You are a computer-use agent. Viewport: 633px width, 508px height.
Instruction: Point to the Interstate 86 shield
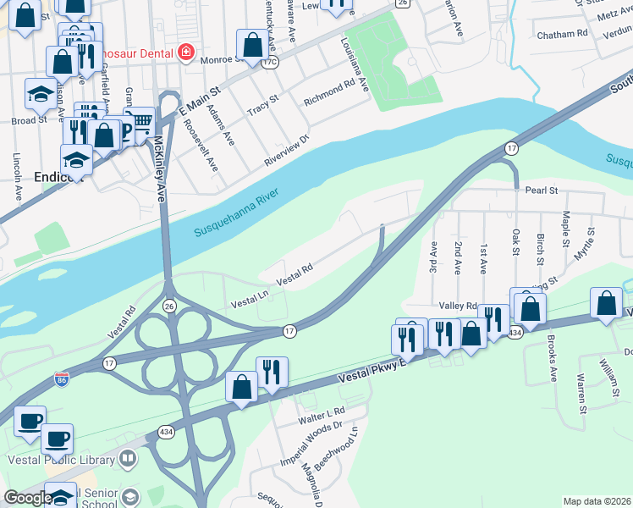click(x=61, y=378)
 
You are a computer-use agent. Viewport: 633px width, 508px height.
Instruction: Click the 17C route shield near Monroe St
click(x=271, y=62)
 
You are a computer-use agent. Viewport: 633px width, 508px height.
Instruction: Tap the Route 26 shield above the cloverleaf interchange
click(x=169, y=306)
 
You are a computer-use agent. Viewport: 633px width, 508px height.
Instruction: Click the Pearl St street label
click(x=541, y=191)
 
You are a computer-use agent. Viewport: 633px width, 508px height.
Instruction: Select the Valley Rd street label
click(x=458, y=306)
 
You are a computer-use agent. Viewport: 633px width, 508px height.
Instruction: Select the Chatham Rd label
click(x=562, y=35)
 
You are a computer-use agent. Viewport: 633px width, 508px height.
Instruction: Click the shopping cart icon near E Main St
click(x=139, y=119)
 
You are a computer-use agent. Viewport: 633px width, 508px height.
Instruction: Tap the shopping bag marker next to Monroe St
click(x=251, y=42)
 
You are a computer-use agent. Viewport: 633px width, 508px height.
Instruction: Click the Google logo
click(x=27, y=498)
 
